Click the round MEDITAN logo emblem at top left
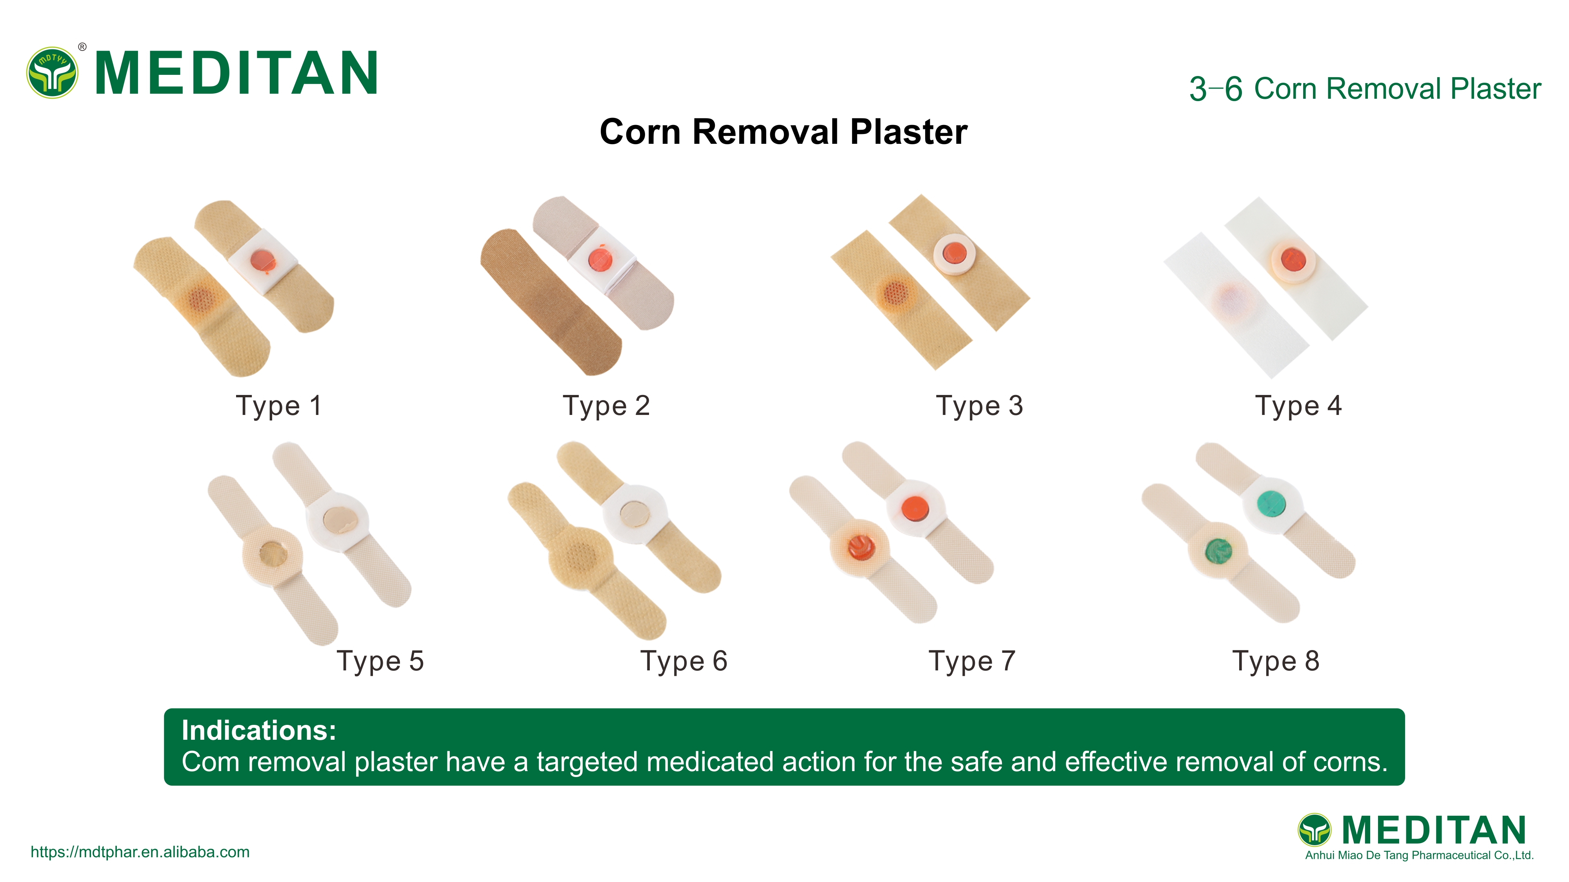[x=53, y=73]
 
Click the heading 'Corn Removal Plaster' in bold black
[x=783, y=132]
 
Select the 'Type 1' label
[x=278, y=406]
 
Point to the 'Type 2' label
[x=606, y=406]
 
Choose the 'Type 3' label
[x=980, y=406]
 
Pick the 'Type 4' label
[x=1298, y=406]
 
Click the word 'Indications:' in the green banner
[x=259, y=730]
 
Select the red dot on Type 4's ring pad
[x=1292, y=259]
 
